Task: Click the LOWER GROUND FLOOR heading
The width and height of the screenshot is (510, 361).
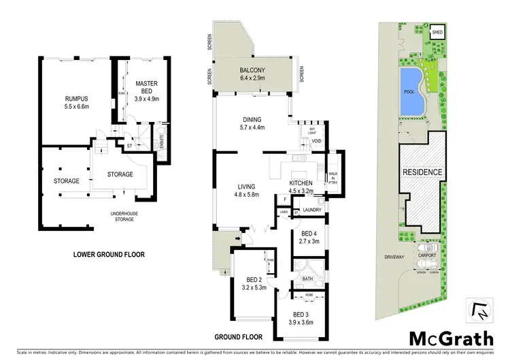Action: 109,255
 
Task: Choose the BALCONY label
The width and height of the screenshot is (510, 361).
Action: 252,71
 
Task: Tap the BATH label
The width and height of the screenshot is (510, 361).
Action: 307,277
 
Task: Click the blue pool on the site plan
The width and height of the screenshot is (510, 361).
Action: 411,91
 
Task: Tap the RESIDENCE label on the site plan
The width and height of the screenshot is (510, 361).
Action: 422,172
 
